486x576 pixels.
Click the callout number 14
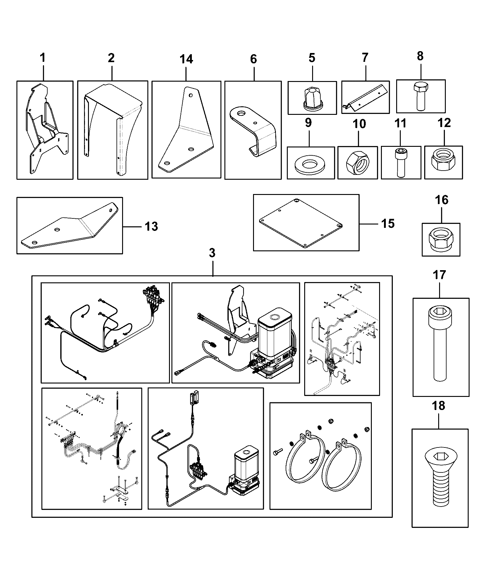pyautogui.click(x=186, y=59)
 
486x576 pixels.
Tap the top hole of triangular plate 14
pyautogui.click(x=191, y=95)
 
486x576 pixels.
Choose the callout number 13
pyautogui.click(x=151, y=227)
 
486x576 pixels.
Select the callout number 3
pyautogui.click(x=212, y=253)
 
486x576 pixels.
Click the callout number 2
pyautogui.click(x=111, y=58)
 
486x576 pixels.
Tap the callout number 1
pyautogui.click(x=43, y=57)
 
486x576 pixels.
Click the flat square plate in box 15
pyautogui.click(x=301, y=223)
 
